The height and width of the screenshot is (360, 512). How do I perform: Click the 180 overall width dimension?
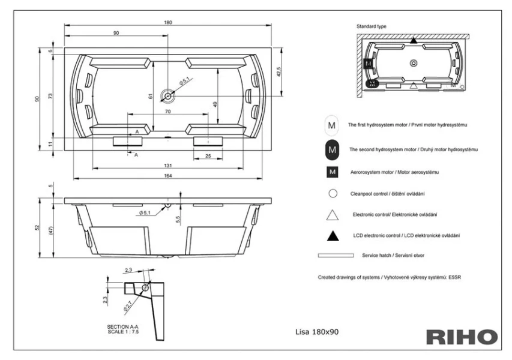tap(168, 22)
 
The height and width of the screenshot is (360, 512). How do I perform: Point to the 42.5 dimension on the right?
tap(278, 72)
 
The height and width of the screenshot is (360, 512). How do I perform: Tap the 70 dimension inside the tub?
tap(168, 112)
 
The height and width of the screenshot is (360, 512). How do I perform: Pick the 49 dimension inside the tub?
tap(215, 104)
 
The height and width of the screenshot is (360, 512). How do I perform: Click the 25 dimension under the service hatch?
tap(208, 156)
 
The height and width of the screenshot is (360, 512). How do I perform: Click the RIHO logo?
tap(462, 337)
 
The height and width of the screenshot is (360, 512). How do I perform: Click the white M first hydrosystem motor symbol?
tap(331, 126)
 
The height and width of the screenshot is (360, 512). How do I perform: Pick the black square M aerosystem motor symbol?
tap(331, 172)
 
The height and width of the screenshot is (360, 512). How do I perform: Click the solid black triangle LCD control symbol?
tap(331, 236)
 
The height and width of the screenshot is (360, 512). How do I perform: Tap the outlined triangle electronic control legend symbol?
tap(331, 215)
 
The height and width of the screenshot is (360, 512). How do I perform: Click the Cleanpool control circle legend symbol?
tap(331, 194)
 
